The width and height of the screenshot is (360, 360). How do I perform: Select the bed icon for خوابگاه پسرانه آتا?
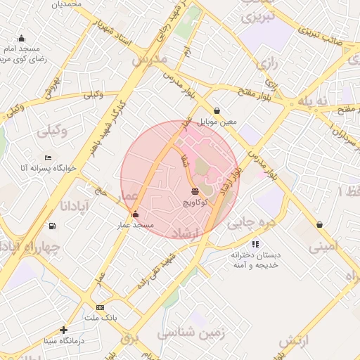click(x=48, y=157)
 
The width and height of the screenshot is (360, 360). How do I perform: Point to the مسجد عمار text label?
click(x=136, y=224)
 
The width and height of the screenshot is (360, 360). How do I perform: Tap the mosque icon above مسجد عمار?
click(x=135, y=214)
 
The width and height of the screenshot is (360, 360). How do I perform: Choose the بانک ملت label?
click(x=101, y=317)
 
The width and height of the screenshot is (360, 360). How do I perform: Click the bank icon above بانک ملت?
click(x=101, y=307)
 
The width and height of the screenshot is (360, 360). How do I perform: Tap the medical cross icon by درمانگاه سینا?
click(x=64, y=330)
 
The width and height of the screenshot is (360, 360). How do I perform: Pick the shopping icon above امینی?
click(x=320, y=225)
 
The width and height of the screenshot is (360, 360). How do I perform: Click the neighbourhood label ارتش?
click(x=295, y=341)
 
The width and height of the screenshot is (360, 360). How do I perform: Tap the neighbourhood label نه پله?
click(x=313, y=101)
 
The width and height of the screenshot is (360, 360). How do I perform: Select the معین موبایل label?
click(x=217, y=122)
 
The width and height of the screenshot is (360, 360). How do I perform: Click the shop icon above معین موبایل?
click(x=217, y=110)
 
